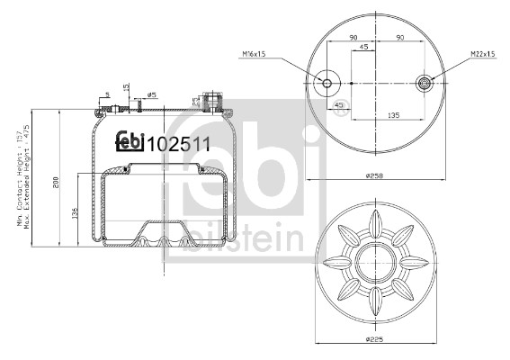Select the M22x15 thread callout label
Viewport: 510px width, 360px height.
[483, 54]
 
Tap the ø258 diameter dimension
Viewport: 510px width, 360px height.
[376, 176]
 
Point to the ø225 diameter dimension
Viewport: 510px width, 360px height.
[376, 339]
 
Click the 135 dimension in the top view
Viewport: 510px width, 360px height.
[392, 114]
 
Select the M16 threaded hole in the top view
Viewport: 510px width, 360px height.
[328, 85]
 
